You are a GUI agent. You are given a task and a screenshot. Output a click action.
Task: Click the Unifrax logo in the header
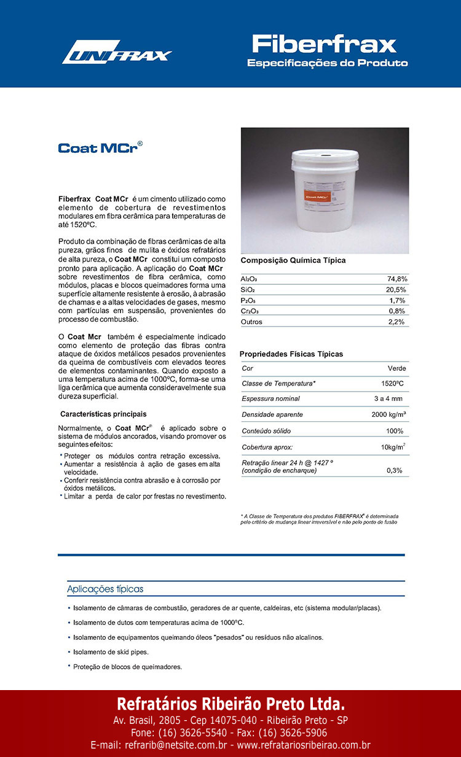tap(116, 53)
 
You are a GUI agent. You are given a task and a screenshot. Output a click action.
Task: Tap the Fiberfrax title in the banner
tap(324, 44)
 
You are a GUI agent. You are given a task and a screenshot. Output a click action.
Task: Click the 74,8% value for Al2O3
tap(397, 279)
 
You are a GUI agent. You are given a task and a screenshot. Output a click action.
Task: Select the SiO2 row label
tap(248, 290)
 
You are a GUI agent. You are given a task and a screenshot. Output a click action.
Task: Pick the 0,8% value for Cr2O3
tap(397, 311)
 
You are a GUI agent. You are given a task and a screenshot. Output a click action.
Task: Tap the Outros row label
tap(251, 322)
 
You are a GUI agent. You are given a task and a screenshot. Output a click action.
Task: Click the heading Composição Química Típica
tap(293, 260)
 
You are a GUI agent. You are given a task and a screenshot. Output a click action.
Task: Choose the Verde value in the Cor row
tap(396, 368)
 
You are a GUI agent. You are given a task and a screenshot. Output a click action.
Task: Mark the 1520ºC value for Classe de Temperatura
tap(392, 383)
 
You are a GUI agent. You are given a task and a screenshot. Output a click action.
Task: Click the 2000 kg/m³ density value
tap(388, 414)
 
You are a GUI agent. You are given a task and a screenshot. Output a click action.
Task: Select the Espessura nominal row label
tap(270, 398)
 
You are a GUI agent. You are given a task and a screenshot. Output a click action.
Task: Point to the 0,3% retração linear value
tap(394, 470)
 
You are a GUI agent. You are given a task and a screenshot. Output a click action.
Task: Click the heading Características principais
tap(103, 414)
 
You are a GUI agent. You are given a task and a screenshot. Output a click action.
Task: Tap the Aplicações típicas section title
tap(105, 589)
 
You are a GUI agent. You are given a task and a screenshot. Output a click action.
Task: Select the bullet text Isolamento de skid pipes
tap(111, 652)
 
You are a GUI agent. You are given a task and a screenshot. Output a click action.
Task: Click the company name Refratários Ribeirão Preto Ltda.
tap(230, 703)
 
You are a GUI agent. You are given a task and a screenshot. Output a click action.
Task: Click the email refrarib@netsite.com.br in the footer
tap(159, 745)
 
